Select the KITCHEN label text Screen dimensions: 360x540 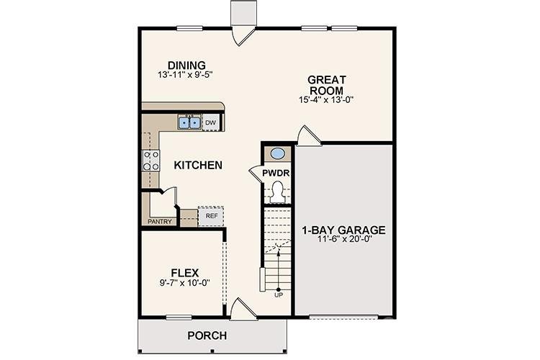click(198, 166)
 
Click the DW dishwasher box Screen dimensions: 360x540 click(211, 123)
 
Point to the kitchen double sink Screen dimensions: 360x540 click(189, 123)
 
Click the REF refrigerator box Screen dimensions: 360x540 click(212, 215)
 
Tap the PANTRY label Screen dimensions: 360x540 click(160, 222)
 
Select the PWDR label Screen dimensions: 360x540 click(275, 174)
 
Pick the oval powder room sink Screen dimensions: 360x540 click(277, 153)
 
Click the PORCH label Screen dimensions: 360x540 click(207, 336)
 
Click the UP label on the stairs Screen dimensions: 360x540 click(279, 294)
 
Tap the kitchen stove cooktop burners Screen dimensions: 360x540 click(151, 161)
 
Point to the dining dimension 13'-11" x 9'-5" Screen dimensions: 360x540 click(186, 75)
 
